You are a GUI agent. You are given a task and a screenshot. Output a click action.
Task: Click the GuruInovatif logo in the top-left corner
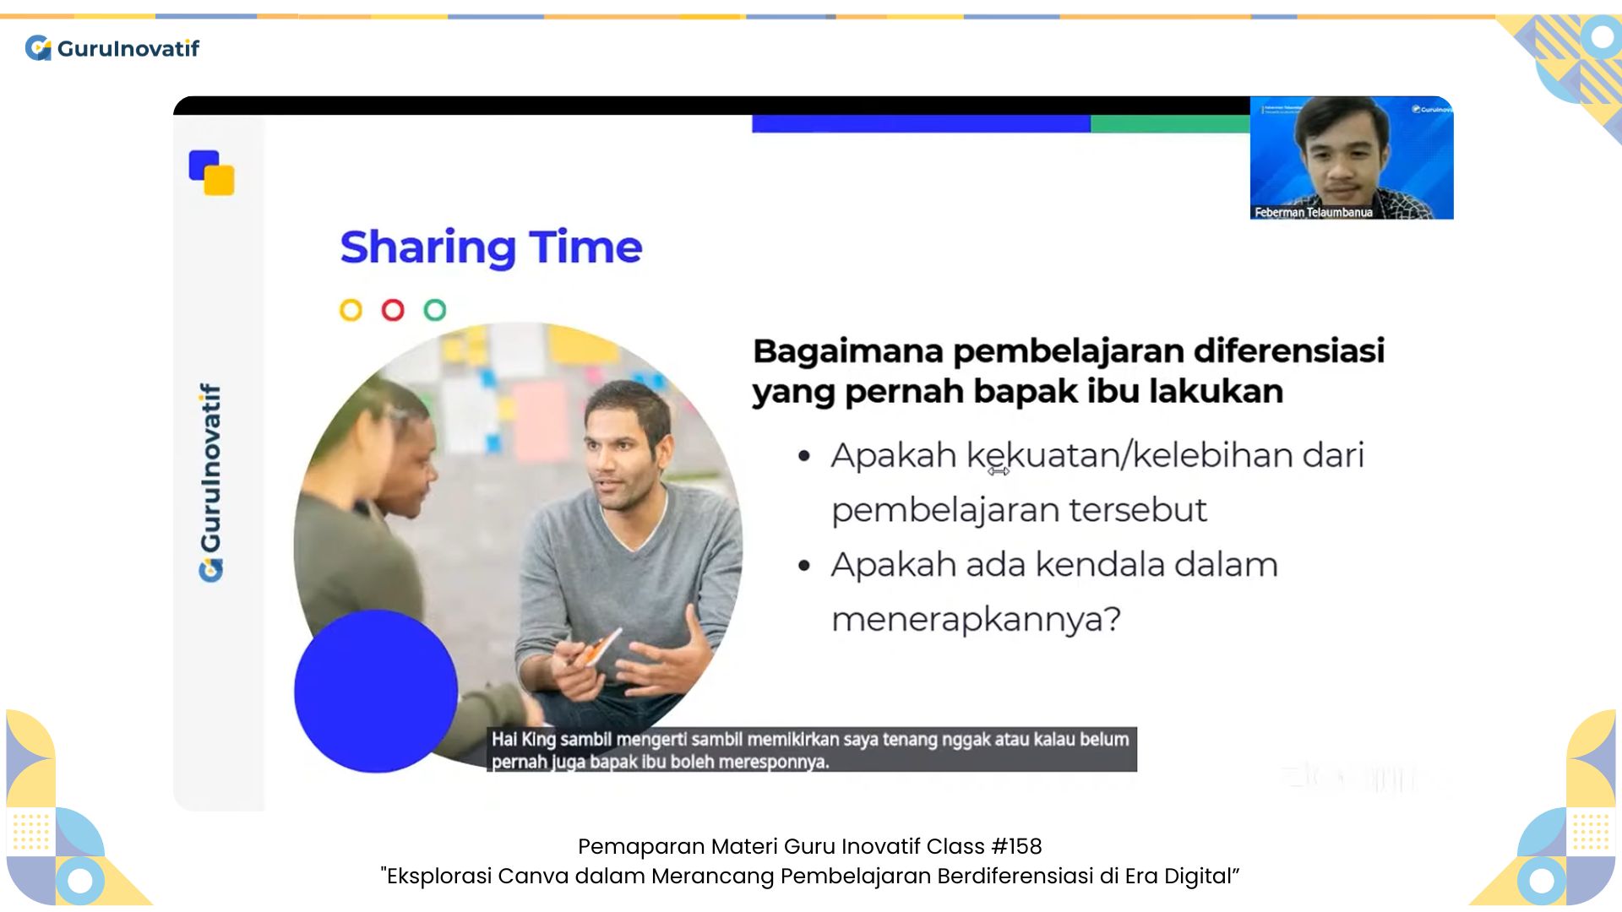click(x=112, y=48)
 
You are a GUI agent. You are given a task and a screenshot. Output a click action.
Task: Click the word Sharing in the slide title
click(x=427, y=248)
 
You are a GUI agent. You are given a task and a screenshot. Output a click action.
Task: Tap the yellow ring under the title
click(x=351, y=310)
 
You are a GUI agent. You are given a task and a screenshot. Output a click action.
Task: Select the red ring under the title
click(x=393, y=310)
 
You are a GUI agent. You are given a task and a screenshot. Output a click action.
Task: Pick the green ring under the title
click(x=435, y=310)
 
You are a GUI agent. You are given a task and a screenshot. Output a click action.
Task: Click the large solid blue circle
click(x=376, y=691)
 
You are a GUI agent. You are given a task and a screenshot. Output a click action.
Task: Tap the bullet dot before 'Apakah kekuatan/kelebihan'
click(x=804, y=457)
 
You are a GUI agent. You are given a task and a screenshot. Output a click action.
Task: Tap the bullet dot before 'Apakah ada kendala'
click(x=804, y=566)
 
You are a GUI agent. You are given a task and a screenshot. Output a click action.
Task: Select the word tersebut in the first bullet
click(x=1138, y=510)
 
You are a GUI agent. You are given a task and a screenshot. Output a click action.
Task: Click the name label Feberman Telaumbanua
click(x=1314, y=212)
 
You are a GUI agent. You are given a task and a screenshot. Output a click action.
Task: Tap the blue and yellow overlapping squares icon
click(x=212, y=173)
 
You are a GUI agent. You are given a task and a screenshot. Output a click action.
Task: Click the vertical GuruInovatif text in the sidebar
click(x=210, y=482)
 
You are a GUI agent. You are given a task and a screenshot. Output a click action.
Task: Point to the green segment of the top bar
click(x=1170, y=124)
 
